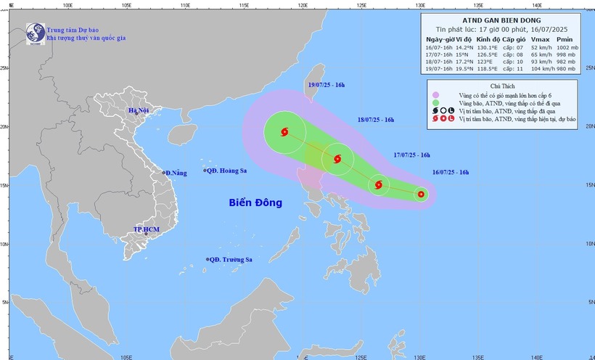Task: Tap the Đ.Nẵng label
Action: coord(177,172)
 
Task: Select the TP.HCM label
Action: coord(147,229)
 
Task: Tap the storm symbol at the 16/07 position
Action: coord(421,194)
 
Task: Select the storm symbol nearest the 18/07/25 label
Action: coord(337,159)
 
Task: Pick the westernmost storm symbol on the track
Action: coord(283,131)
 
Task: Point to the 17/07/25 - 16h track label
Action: coord(411,155)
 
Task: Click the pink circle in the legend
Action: coord(435,95)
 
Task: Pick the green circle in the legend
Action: coord(435,103)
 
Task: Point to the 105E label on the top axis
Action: coord(124,4)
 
